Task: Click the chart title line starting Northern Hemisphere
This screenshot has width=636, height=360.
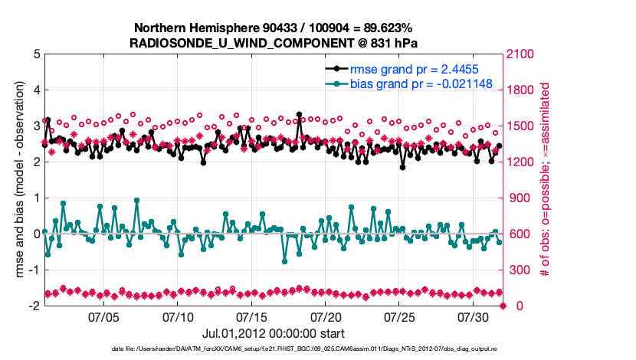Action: click(x=274, y=28)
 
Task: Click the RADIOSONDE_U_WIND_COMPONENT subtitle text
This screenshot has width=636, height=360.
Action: click(x=274, y=43)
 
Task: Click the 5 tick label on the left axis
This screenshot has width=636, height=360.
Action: click(x=36, y=54)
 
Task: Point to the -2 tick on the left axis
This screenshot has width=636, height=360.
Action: click(x=34, y=306)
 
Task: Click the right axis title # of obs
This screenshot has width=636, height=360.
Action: click(x=546, y=180)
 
